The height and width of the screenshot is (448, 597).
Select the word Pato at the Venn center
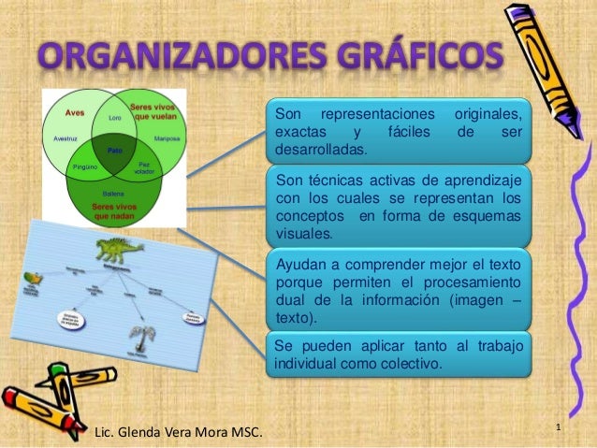(x=115, y=149)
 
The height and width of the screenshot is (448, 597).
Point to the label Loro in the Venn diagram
(x=115, y=118)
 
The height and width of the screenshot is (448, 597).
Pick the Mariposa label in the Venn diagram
(x=167, y=137)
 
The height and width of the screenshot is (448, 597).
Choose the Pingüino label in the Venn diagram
(x=85, y=166)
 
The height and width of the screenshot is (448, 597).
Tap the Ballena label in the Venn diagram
(x=113, y=192)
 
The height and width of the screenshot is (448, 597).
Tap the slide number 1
(x=558, y=428)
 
